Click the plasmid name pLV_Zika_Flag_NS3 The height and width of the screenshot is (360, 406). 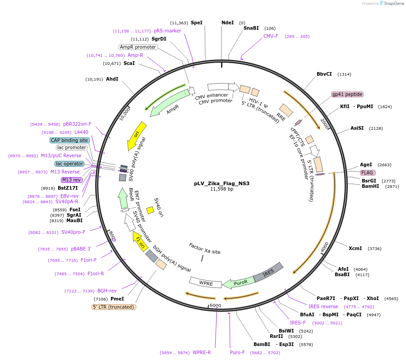tap(221, 183)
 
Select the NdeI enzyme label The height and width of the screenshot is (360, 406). tap(228, 23)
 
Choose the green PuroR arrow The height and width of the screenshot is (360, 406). tap(239, 282)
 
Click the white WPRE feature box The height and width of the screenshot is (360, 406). tap(206, 283)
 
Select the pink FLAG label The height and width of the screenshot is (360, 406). tap(368, 173)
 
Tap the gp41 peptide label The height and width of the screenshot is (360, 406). tap(347, 94)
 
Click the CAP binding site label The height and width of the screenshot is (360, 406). tap(69, 140)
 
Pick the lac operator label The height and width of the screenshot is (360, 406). tap(69, 164)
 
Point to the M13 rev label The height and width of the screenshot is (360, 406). tap(72, 180)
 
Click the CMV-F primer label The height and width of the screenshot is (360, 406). tap(271, 36)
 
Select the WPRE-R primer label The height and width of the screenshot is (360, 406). tap(202, 352)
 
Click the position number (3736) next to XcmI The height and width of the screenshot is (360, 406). tap(375, 248)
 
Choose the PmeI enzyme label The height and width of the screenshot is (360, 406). tap(117, 298)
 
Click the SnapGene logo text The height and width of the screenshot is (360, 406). tap(393, 4)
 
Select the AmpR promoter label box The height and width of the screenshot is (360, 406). tap(138, 47)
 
